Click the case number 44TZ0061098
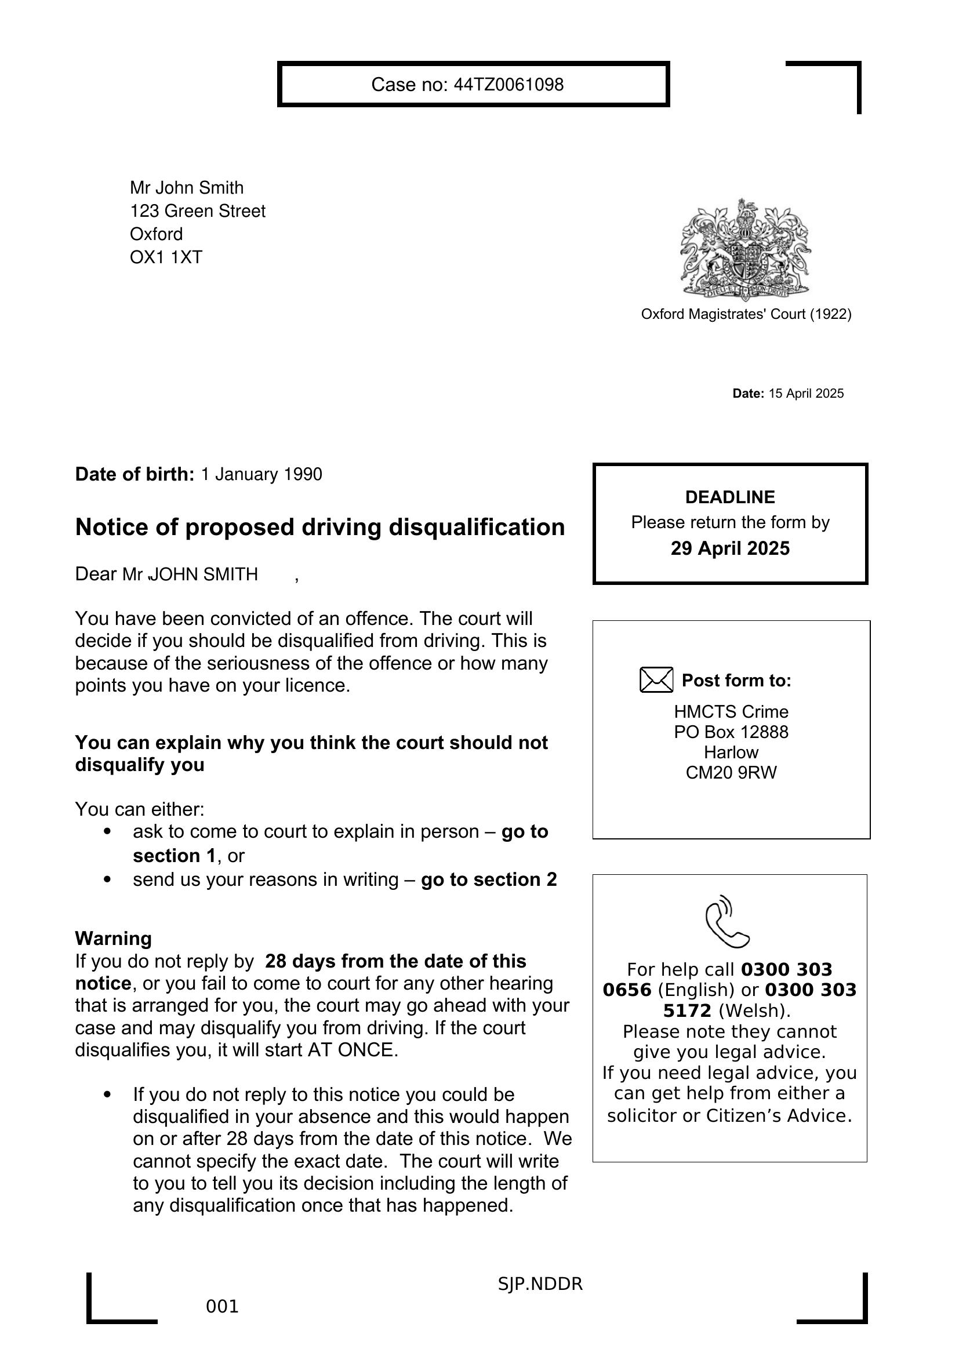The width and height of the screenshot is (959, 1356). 508,85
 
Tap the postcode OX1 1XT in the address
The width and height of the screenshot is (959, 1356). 166,257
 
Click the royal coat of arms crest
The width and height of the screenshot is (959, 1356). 745,250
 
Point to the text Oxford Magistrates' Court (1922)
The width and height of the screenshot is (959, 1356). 746,314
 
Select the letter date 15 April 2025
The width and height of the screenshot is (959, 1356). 805,394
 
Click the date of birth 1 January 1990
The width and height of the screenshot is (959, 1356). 261,475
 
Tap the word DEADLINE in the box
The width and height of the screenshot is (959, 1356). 730,497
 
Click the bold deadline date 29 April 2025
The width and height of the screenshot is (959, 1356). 730,548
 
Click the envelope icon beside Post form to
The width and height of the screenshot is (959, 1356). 656,680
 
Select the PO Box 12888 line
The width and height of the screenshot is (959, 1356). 731,732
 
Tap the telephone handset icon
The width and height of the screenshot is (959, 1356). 727,922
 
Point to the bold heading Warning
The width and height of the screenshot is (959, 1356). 114,939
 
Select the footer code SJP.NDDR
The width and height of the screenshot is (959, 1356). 540,1284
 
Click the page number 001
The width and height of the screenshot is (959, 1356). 222,1306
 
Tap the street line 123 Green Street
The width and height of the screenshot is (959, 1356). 198,212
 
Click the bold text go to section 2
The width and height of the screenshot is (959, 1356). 489,880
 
